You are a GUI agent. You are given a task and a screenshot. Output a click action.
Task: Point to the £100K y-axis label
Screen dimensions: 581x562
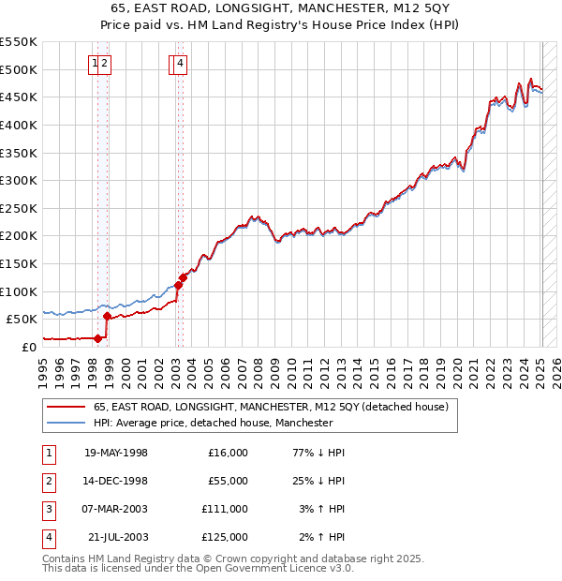coord(19,291)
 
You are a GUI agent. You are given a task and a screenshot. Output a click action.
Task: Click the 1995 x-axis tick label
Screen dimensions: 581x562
coord(42,370)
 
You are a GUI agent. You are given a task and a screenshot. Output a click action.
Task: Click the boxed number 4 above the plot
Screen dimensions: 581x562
coord(180,64)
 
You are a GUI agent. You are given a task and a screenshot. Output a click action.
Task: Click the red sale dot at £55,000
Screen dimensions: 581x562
coord(107,317)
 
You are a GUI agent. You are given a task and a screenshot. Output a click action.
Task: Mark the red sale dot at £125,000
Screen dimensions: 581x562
coord(184,277)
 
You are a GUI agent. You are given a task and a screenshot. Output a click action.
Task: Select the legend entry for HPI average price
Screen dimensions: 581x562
coord(213,423)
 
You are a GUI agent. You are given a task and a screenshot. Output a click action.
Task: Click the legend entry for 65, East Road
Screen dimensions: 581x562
coord(271,407)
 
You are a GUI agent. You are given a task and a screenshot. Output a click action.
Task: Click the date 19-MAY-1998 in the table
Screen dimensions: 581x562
coord(116,453)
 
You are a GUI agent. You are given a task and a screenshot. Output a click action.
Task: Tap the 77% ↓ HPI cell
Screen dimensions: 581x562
coord(319,453)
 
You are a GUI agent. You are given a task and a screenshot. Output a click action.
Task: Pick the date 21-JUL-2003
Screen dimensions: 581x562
coord(117,537)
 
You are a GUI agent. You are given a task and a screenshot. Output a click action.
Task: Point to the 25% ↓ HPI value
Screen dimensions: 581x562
coord(319,481)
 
